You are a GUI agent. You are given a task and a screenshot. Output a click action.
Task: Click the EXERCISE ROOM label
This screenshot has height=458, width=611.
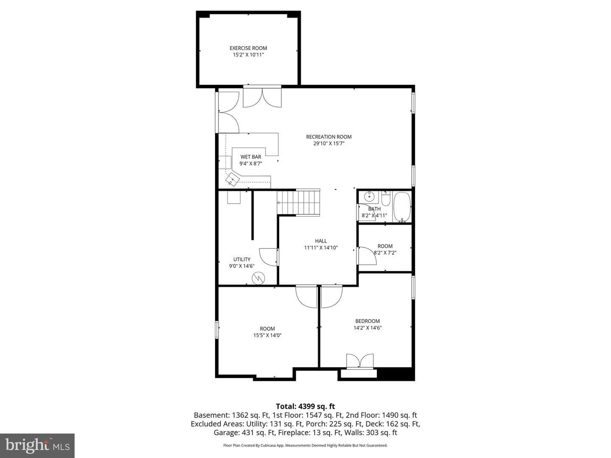coord(248,48)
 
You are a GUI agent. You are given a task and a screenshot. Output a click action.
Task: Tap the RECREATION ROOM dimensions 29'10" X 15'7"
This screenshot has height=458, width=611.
coord(329,143)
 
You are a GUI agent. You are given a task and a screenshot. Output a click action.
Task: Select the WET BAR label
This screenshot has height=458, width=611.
coord(250,157)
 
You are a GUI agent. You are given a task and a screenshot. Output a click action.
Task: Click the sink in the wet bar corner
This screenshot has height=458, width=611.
coord(233,179)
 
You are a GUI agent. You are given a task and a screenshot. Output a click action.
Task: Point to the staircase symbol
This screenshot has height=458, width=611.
coord(298,203)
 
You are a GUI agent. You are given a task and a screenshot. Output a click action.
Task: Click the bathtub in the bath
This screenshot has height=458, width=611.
coord(402,207)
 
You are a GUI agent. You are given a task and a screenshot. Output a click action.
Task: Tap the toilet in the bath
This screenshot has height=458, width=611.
coord(386,198)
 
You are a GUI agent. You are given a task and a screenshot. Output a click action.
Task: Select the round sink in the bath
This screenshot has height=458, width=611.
coord(370,197)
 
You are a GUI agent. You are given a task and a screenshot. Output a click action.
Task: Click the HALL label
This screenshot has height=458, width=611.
coord(321,241)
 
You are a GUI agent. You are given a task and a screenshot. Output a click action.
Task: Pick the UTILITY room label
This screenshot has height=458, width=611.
coord(241,259)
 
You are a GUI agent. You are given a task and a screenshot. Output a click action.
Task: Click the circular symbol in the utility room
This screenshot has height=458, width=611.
coord(258,278)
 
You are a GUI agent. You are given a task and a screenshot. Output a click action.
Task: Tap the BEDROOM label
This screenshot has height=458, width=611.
coord(367,321)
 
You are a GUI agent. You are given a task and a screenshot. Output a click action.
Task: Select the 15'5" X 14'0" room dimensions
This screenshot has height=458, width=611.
coord(267,335)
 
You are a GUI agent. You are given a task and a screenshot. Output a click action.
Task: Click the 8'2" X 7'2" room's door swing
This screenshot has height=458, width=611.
coord(367,256)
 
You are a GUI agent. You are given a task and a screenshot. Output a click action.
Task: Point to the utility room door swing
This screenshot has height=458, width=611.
coord(268,257)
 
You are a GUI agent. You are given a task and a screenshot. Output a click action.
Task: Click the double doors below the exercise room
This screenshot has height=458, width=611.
coord(262,98)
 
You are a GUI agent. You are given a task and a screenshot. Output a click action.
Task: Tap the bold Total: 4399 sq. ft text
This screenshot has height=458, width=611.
coord(305,407)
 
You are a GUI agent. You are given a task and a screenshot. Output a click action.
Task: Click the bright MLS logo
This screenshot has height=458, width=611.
coord(37,445)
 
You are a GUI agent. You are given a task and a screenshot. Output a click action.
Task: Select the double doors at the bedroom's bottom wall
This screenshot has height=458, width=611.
coord(360,360)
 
